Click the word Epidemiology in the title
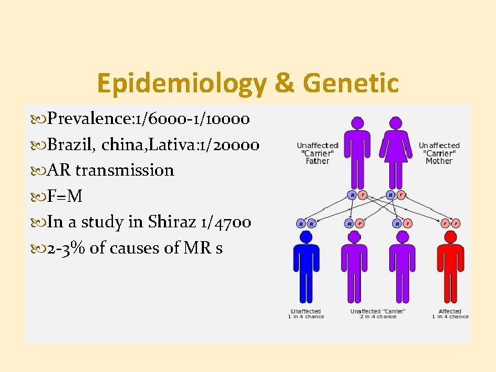tap(182, 83)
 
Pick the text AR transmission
tap(111, 170)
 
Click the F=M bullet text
tap(65, 196)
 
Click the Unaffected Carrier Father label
tap(318, 153)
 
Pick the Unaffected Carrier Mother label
tap(439, 153)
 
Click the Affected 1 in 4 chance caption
tap(450, 314)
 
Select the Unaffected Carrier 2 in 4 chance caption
tap(378, 314)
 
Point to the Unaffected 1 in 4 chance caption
tap(305, 314)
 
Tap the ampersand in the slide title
tap(284, 83)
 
